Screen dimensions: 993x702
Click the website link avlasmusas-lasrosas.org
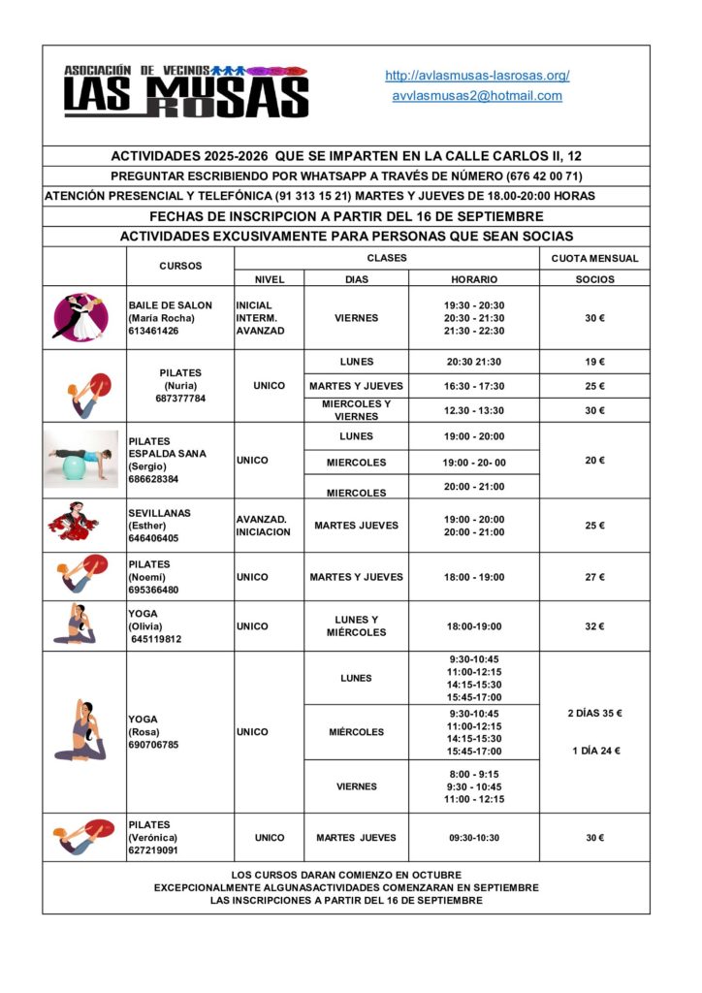coord(477,75)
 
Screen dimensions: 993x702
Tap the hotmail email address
coord(477,96)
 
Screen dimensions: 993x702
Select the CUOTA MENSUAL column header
coord(594,258)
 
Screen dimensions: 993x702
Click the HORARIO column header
coord(474,279)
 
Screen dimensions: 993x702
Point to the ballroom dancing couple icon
coord(80,317)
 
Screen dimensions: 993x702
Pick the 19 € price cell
coord(594,362)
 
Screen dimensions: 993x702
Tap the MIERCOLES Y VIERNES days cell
coord(356,410)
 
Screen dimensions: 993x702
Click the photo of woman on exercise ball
coord(81,459)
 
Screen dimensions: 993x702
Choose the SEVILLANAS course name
coord(159,513)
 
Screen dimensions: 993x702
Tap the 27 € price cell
coord(594,577)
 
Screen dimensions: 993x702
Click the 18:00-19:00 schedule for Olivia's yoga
coord(474,626)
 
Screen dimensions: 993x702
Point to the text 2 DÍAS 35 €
coord(594,714)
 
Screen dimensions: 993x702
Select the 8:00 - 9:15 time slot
coord(474,774)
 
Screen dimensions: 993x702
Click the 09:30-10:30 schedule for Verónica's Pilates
coord(474,838)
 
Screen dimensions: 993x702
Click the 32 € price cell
coord(594,626)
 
